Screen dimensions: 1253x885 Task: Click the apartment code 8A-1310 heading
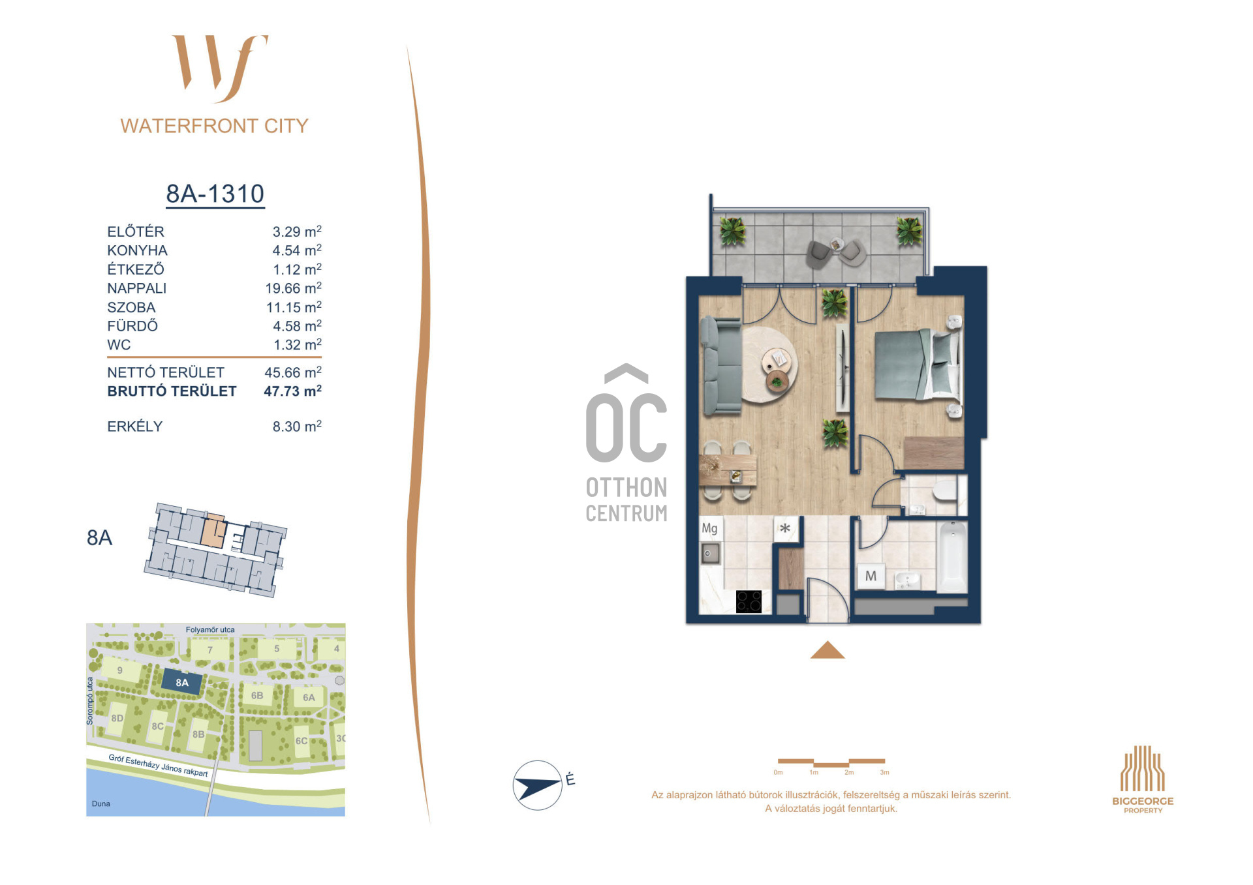(x=215, y=194)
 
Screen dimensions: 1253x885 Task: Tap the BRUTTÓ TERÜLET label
(x=172, y=391)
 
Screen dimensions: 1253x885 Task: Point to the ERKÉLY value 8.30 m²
(x=297, y=427)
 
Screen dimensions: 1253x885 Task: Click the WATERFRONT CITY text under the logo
(x=214, y=126)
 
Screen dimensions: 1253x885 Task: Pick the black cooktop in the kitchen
(x=749, y=601)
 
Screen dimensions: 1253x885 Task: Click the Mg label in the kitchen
(x=709, y=528)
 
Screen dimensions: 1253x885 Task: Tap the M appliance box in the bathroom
(x=871, y=577)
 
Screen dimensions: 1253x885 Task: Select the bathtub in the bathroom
(x=952, y=556)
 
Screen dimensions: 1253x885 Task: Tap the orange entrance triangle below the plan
(x=828, y=650)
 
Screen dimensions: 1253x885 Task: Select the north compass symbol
(x=538, y=785)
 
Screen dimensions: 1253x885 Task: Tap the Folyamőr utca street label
(x=210, y=630)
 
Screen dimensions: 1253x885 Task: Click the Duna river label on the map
(x=101, y=803)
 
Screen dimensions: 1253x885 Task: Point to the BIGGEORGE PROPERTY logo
(x=1143, y=779)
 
